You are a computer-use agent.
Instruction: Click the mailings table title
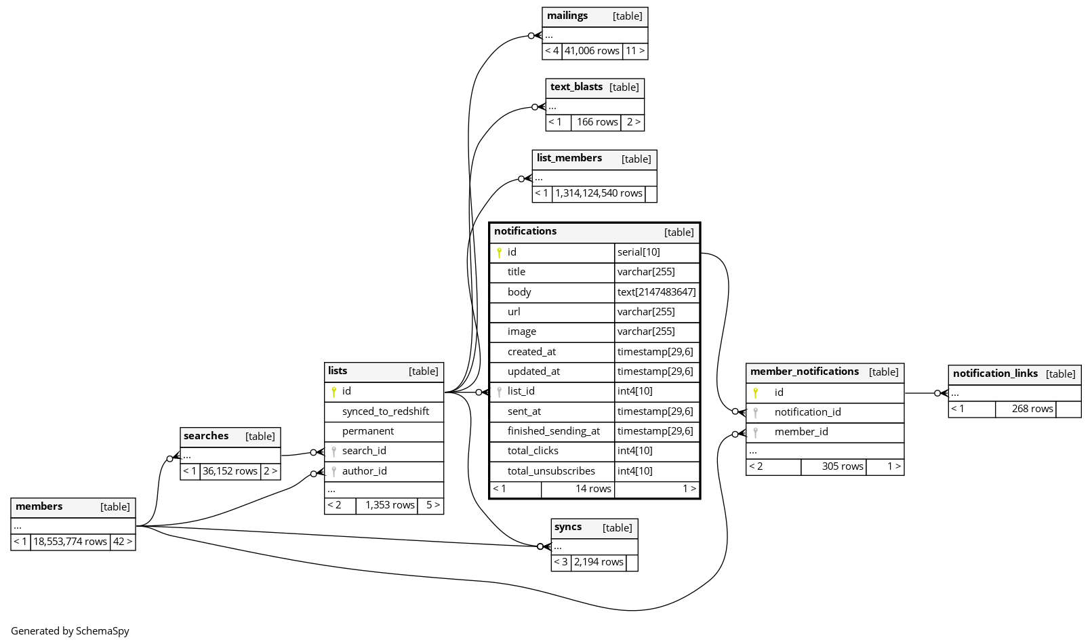pos(567,16)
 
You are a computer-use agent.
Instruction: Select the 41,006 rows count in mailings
pos(592,51)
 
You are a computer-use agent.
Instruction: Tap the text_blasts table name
pos(576,87)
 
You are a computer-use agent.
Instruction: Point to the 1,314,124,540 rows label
pos(599,194)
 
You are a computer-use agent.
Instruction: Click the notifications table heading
pos(525,232)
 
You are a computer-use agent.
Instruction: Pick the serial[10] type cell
pos(639,252)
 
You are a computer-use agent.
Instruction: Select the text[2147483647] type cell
pos(656,292)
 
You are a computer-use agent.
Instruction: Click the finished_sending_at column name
pos(553,431)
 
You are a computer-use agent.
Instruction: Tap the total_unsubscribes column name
pos(551,471)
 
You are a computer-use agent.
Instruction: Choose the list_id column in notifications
pos(521,391)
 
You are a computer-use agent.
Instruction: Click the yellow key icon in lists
pos(333,392)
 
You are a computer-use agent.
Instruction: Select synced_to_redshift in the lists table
pos(385,411)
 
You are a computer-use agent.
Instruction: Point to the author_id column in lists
pos(364,471)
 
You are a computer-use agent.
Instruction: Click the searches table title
pos(206,437)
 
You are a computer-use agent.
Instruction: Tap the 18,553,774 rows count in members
pos(70,542)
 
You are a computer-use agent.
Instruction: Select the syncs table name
pos(568,527)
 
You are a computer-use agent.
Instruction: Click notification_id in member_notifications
pos(807,412)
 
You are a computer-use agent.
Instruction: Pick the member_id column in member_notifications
pos(801,432)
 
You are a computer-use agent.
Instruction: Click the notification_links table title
pos(995,374)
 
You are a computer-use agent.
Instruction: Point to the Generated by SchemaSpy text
pos(70,631)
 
